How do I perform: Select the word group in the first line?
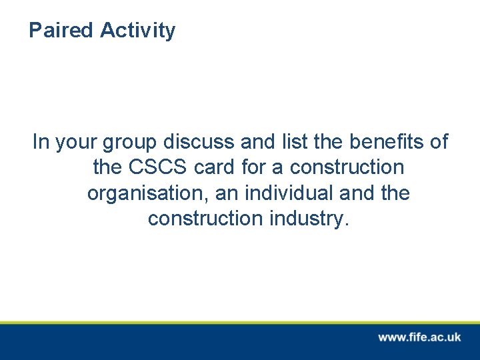point(129,143)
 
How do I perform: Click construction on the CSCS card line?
point(347,167)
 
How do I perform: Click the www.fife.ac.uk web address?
point(419,337)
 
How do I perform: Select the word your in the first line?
point(77,143)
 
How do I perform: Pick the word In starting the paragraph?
point(41,142)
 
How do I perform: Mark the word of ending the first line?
point(439,142)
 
